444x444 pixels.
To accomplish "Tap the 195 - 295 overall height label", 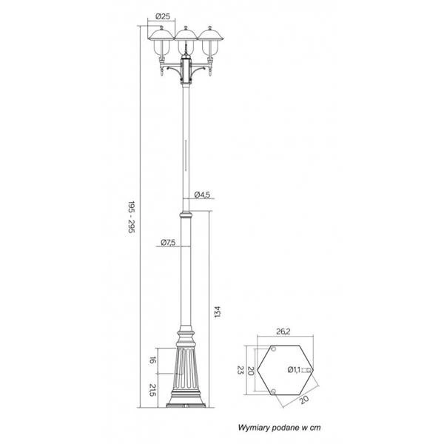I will [x=131, y=215].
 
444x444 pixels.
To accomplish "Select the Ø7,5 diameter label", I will [x=166, y=243].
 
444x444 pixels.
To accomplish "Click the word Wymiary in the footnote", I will [x=255, y=428].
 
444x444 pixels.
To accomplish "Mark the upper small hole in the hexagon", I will [x=274, y=349].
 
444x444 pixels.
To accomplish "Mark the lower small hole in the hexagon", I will [x=274, y=391].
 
